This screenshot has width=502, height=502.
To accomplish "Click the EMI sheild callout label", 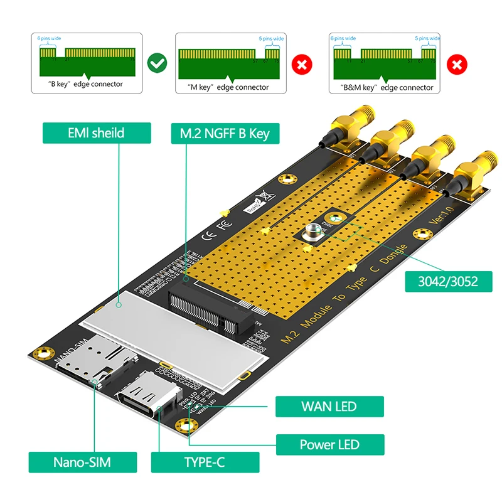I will point(97,132).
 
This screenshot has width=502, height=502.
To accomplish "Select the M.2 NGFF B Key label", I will point(224,132).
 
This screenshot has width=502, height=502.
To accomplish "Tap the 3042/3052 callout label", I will point(448,280).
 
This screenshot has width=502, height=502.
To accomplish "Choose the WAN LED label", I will point(329,405).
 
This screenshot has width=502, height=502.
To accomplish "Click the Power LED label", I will point(329,444).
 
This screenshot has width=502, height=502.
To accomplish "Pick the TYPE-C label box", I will point(205,462).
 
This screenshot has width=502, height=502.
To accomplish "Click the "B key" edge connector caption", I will point(86,83).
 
